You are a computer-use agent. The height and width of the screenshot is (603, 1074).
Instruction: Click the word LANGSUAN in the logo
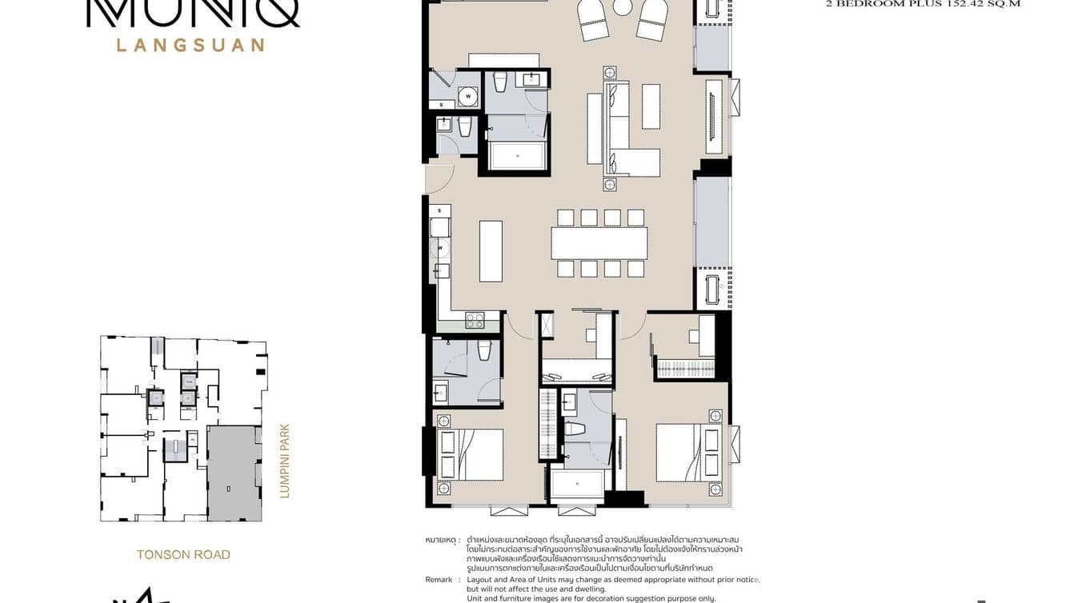pos(190,45)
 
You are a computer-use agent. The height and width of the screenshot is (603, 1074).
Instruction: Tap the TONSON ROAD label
pos(183,554)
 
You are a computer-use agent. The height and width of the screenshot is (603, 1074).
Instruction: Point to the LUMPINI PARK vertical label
pos(284,461)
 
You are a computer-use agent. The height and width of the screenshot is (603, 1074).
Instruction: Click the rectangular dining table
pos(599,243)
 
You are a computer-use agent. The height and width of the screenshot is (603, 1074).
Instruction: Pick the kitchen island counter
pos(491,251)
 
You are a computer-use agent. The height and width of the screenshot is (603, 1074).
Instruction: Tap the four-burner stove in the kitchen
pos(475,321)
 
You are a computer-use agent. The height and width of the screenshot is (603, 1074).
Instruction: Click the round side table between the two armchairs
pos(623,8)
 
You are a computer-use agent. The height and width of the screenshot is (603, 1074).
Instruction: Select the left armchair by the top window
pos(593,20)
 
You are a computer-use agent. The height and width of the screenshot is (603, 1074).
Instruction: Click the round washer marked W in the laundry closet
pos(467,98)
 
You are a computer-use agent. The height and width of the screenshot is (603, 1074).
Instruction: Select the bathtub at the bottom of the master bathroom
pos(577,485)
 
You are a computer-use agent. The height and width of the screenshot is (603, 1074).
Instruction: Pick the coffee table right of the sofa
pos(651,106)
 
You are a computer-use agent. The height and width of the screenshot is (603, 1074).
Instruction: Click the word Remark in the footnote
pos(438,579)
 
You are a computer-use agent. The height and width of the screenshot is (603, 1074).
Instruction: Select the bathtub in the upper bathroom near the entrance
pos(517,155)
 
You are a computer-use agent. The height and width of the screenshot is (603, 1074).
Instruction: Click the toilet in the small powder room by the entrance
pos(464,127)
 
